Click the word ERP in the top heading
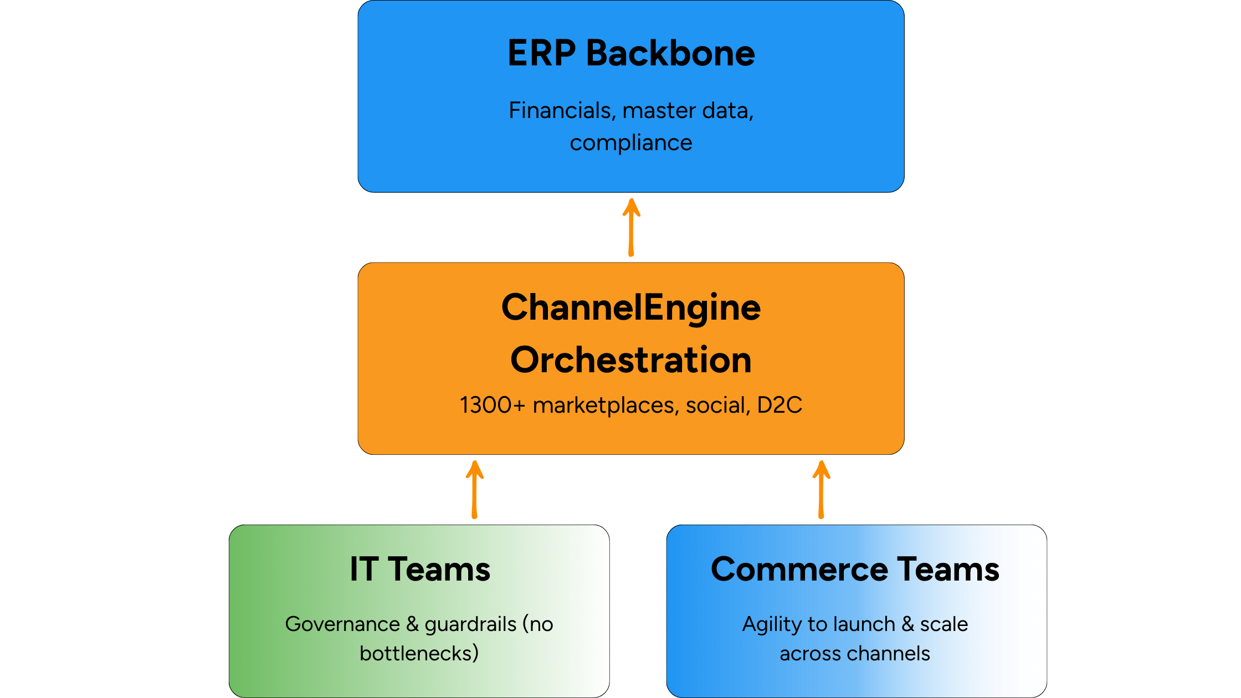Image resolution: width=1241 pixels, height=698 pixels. (x=541, y=53)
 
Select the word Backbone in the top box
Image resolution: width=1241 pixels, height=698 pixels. (x=670, y=53)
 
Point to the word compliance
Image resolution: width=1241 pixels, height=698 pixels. (x=631, y=143)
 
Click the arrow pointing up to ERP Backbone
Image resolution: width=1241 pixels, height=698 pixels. (x=631, y=227)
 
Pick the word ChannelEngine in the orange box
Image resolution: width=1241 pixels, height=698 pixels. (x=631, y=307)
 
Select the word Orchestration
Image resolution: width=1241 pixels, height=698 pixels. (x=631, y=360)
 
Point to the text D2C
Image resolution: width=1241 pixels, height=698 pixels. (x=780, y=405)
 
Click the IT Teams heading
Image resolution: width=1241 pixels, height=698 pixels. (x=420, y=569)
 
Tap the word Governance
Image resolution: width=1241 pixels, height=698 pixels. (x=342, y=624)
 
